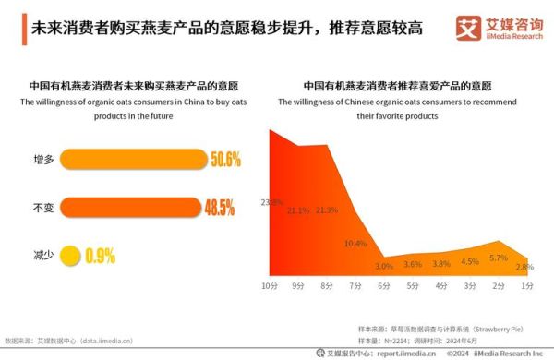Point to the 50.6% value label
pos(225,160)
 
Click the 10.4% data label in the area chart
pos(355,244)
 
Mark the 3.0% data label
pos(384,267)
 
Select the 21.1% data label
pos(298,210)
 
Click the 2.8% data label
pos(524,267)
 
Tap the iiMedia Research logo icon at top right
pos(466,25)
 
